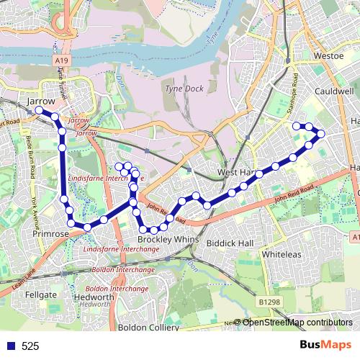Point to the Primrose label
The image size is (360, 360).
tap(50, 234)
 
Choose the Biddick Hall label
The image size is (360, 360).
tap(230, 243)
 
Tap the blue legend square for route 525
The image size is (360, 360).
tap(9, 346)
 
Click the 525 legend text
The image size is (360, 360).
tap(30, 346)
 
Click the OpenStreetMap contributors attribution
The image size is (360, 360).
tap(297, 322)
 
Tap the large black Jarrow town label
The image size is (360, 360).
tap(40, 102)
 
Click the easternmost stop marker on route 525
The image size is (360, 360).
tap(320, 134)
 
